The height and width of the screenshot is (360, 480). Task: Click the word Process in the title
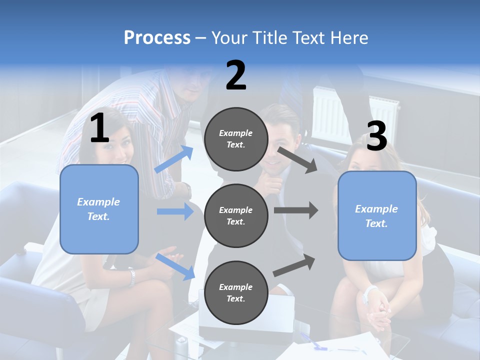[x=157, y=37]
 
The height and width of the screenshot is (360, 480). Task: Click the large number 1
[x=99, y=128]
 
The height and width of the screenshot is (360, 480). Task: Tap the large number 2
[x=236, y=75]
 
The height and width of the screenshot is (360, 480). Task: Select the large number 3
[x=376, y=136]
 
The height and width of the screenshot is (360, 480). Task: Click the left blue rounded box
[x=99, y=209]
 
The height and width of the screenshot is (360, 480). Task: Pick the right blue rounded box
[x=377, y=215]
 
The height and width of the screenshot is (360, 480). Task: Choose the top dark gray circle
[x=236, y=139]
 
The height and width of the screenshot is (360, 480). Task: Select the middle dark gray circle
[x=236, y=215]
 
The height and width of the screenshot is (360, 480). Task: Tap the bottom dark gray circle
[x=236, y=292]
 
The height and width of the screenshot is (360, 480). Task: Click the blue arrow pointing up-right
[x=174, y=159]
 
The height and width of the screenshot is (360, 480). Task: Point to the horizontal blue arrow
[x=175, y=211]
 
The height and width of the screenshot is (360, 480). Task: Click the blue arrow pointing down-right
[x=175, y=266]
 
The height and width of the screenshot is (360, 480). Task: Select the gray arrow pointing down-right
[x=297, y=159]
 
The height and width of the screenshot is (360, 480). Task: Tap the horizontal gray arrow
[x=296, y=210]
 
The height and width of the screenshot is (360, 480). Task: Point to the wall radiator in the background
[x=355, y=112]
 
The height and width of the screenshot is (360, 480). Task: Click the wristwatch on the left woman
[x=131, y=277]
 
